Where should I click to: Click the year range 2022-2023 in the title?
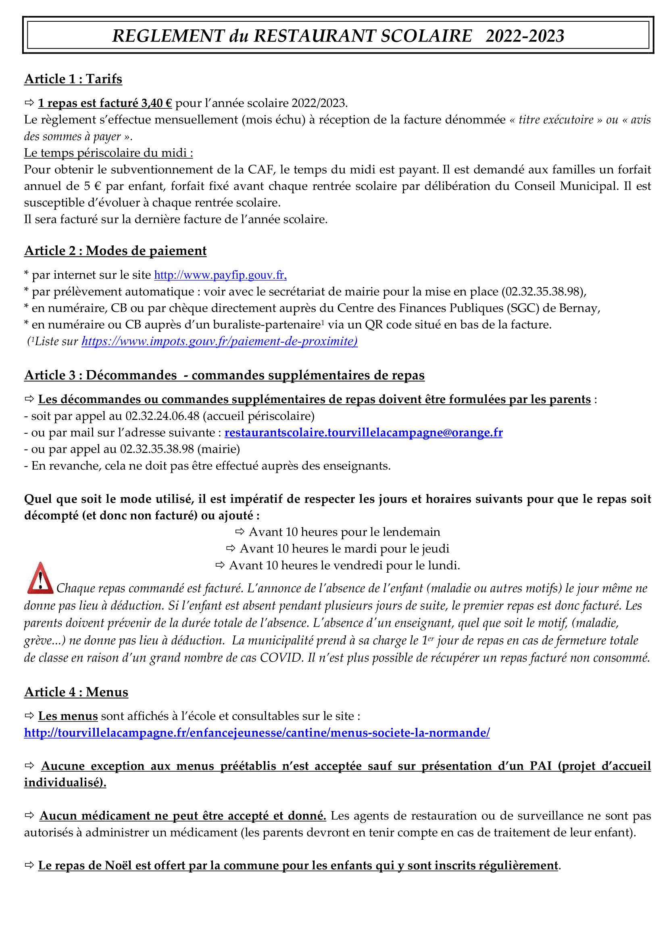tap(525, 36)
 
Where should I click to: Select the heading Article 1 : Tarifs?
tap(73, 79)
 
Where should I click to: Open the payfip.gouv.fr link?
tap(220, 275)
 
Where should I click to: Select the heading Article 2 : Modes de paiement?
tap(115, 251)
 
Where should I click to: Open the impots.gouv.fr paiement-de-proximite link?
tap(219, 342)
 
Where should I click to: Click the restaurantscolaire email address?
tap(363, 433)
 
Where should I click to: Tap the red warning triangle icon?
tap(40, 578)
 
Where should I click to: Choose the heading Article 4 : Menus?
tap(76, 692)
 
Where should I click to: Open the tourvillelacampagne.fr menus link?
tap(257, 733)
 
